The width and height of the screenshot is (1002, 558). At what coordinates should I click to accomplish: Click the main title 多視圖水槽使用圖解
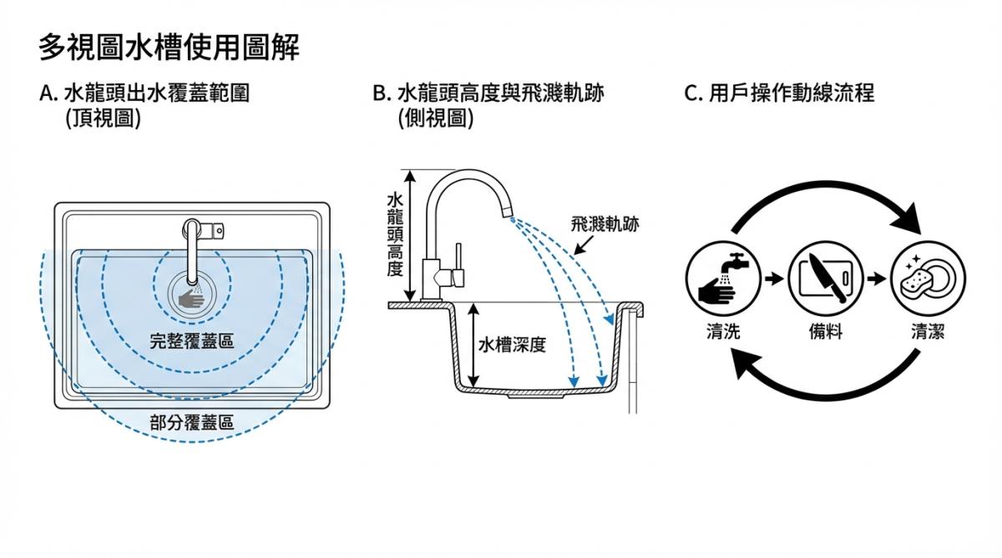169,47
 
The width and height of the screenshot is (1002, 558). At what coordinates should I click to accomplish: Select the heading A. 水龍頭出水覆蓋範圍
144,93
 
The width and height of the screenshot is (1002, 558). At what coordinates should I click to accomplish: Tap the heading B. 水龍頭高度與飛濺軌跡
488,93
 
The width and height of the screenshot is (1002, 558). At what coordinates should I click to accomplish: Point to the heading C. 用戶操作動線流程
779,93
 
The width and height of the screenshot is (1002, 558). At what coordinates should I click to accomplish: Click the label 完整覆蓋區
191,341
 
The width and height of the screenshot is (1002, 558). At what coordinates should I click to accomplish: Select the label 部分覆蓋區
191,422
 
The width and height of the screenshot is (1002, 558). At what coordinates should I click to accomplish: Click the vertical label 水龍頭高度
395,235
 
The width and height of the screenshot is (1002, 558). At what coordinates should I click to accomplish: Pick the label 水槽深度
512,344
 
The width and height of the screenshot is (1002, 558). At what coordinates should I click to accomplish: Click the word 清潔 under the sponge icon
928,332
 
